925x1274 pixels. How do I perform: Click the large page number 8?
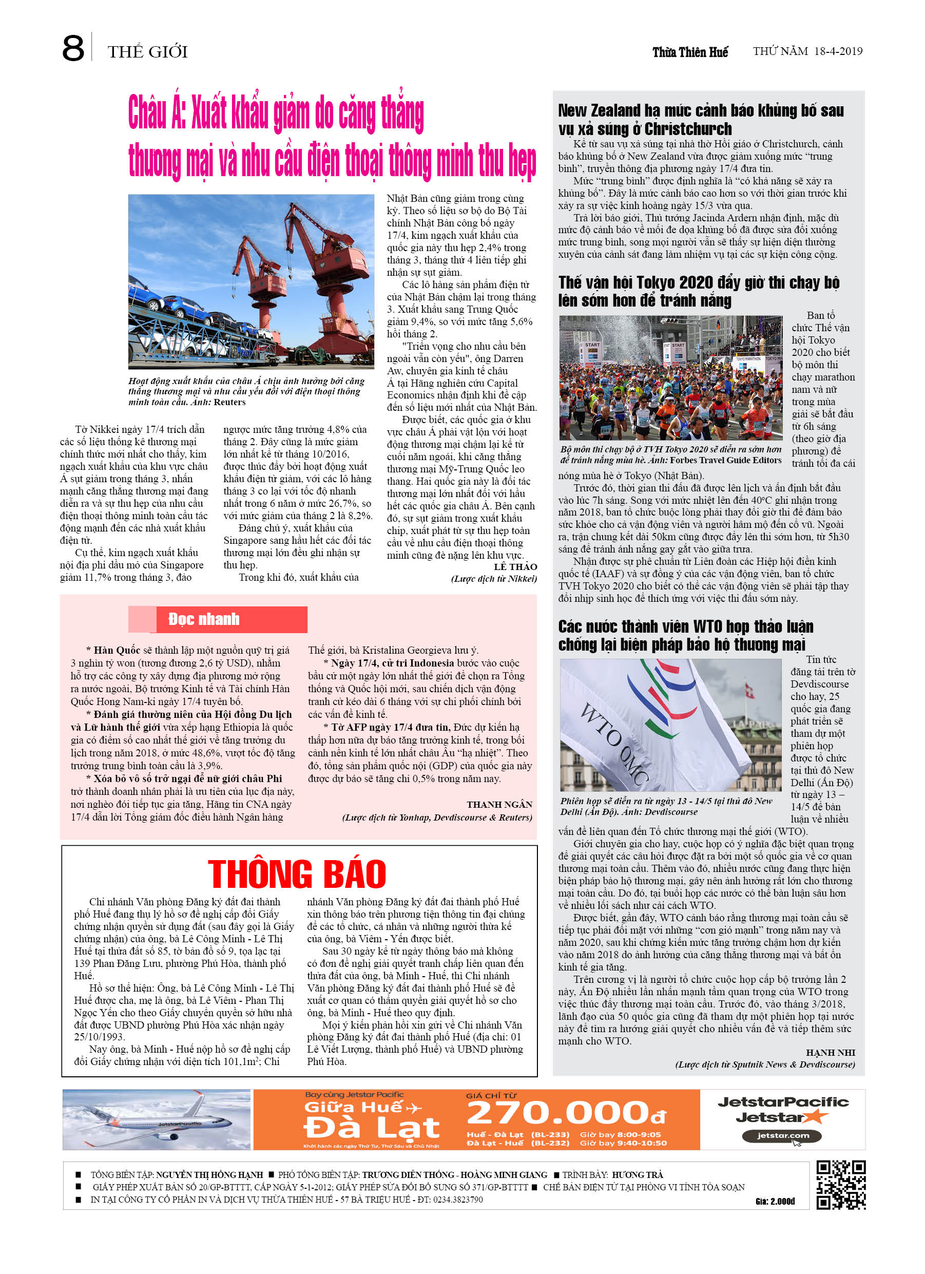point(73,49)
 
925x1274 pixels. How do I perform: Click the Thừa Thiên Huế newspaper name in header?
point(690,52)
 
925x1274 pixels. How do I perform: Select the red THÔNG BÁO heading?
point(297,874)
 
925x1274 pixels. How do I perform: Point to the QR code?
point(840,1185)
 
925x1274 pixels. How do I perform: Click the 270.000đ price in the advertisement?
point(566,1113)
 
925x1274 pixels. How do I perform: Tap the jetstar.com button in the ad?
point(782,1136)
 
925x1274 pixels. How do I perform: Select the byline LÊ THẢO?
point(515,567)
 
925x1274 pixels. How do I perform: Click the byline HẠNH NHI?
point(830,1053)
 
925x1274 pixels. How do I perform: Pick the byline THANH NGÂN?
point(499,804)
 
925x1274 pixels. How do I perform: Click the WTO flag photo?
point(670,725)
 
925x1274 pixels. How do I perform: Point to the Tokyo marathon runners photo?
point(670,377)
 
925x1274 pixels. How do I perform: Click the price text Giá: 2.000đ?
point(775,1201)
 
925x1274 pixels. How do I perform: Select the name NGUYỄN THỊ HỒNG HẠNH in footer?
point(209,1174)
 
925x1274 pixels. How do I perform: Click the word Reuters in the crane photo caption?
point(229,402)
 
